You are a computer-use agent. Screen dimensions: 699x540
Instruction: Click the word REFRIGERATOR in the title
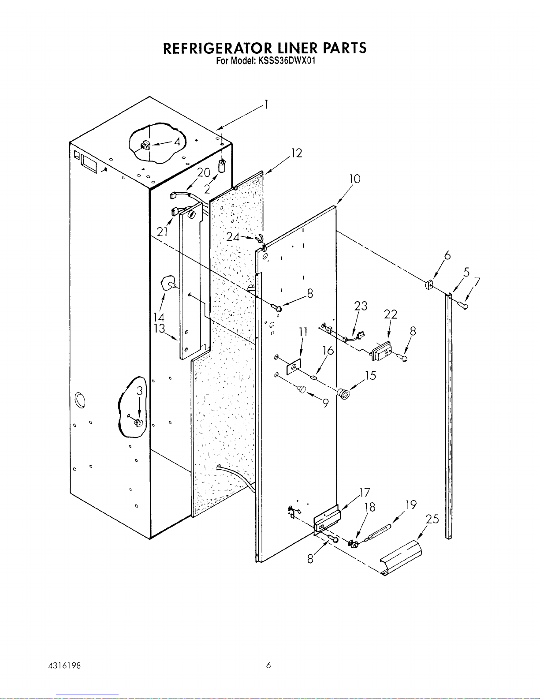pyautogui.click(x=213, y=48)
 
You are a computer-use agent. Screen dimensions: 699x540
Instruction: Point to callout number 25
pyautogui.click(x=433, y=519)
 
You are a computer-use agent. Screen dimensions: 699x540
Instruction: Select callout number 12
pyautogui.click(x=297, y=153)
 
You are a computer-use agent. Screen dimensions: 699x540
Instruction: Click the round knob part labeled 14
pyautogui.click(x=168, y=283)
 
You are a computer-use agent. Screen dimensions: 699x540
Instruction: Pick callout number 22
pyautogui.click(x=390, y=314)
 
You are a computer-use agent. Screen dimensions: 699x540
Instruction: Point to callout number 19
pyautogui.click(x=411, y=505)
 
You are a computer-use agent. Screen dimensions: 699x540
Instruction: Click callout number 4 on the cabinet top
pyautogui.click(x=176, y=142)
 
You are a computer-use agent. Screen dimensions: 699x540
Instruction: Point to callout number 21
pyautogui.click(x=163, y=232)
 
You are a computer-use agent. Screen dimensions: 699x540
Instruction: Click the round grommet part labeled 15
pyautogui.click(x=343, y=392)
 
